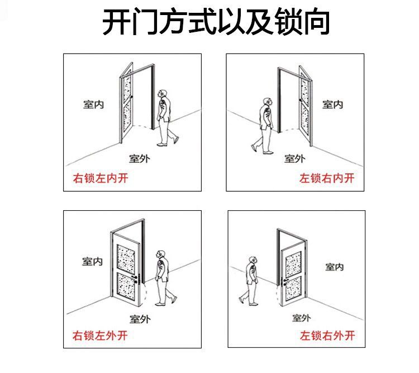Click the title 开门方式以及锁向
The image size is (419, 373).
216,23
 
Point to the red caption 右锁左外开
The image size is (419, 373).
101,336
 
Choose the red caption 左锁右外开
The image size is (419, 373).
327,336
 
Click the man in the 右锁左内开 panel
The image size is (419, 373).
165,117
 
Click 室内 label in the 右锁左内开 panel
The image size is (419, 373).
93,104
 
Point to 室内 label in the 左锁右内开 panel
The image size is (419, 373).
332,104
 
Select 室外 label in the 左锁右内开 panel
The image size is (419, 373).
294,158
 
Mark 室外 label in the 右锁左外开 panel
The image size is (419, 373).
140,319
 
